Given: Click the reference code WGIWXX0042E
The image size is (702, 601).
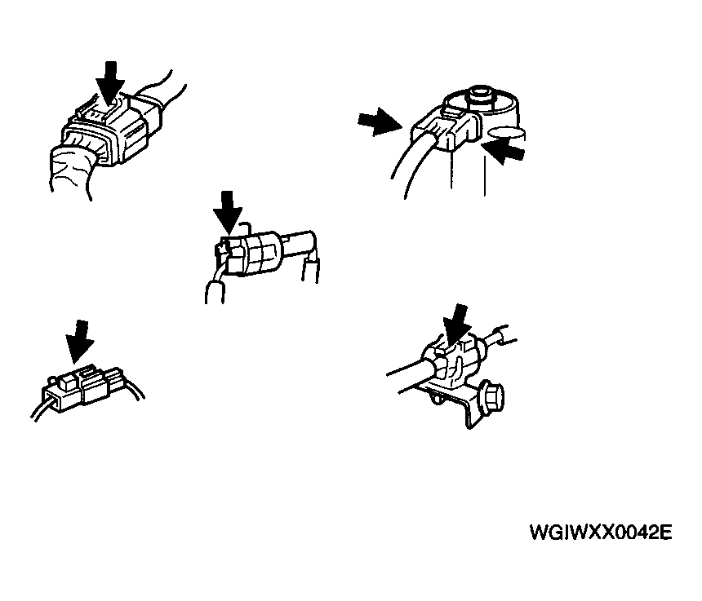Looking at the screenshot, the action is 601,533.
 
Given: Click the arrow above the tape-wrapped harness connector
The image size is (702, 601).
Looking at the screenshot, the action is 109,83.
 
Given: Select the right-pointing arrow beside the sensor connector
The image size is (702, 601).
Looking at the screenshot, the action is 380,122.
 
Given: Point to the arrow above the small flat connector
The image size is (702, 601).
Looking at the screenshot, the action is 80,342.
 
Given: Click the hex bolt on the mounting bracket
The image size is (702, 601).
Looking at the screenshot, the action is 492,395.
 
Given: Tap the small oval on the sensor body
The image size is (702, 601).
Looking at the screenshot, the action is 506,133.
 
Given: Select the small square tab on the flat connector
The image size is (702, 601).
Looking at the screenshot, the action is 69,382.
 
